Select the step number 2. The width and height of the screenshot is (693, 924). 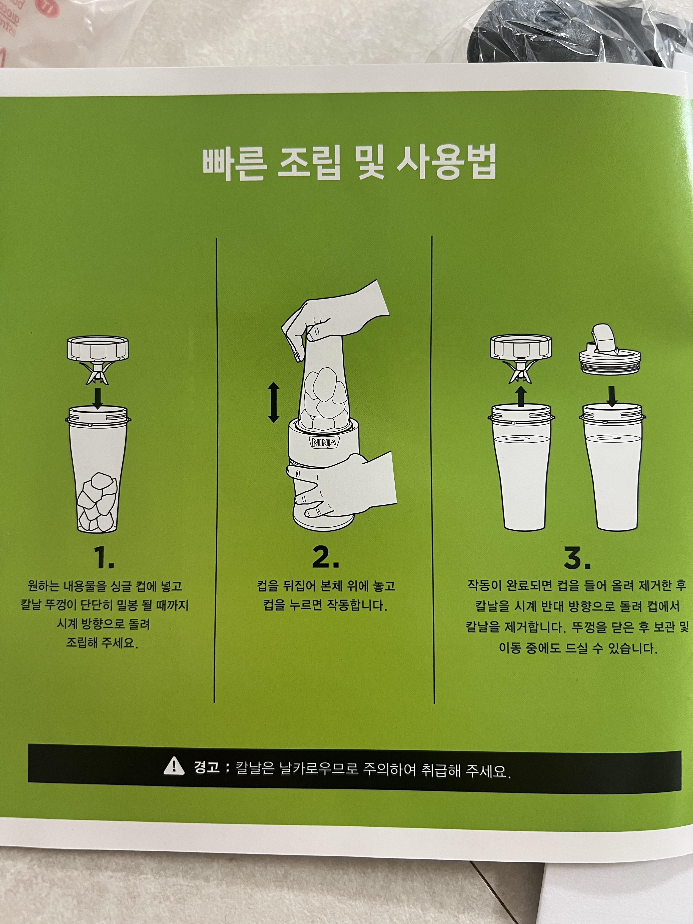325,557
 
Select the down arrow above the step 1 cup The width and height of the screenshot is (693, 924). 98,398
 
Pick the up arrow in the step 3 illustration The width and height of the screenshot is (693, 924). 520,395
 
